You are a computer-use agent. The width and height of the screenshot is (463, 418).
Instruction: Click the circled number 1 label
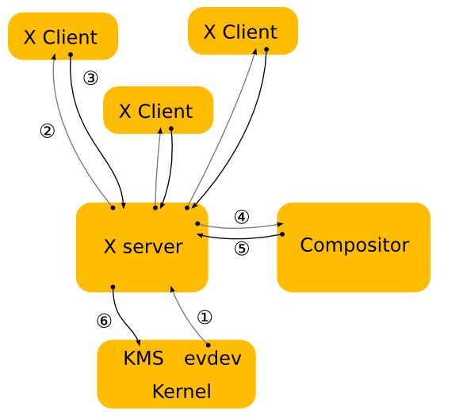click(205, 317)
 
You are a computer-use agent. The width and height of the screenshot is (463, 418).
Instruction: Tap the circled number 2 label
click(48, 131)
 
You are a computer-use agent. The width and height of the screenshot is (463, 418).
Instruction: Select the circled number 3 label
click(90, 78)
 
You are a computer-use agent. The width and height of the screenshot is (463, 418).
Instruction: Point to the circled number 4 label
click(242, 217)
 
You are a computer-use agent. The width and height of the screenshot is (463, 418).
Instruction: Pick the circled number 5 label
click(242, 249)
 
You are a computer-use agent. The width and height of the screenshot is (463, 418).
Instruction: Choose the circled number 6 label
click(104, 321)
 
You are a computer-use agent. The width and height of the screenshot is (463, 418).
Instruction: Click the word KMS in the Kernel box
click(143, 358)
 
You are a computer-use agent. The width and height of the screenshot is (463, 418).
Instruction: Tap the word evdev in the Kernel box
click(213, 358)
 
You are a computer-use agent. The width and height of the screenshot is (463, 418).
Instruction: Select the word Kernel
click(182, 391)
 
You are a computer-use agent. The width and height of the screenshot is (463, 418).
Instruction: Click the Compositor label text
click(354, 245)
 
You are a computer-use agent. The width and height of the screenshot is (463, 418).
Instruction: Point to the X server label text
click(143, 246)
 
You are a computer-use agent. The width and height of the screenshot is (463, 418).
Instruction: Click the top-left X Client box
click(63, 36)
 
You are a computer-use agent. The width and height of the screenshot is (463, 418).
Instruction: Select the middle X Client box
click(158, 110)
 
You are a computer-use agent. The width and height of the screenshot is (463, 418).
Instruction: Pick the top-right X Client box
click(243, 31)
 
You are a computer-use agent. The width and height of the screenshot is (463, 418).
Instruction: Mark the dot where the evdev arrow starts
click(209, 345)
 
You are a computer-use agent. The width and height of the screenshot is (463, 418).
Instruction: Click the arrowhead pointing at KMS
click(138, 342)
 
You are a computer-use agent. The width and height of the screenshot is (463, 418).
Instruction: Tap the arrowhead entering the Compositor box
click(280, 224)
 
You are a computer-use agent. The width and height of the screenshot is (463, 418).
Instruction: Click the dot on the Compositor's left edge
click(282, 234)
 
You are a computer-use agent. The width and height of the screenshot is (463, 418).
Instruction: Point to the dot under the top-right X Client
click(266, 49)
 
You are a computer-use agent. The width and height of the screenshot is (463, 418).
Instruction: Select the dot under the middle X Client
click(171, 128)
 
